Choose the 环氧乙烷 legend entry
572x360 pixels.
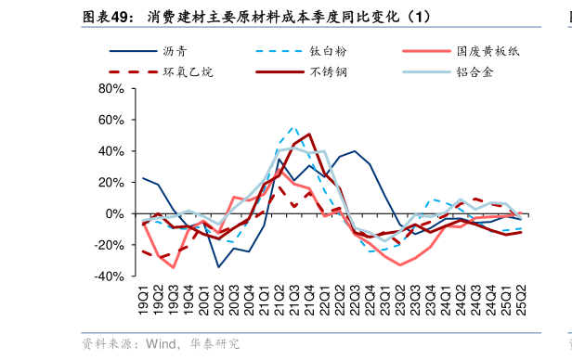tap(188, 71)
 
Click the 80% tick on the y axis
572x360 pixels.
tap(110, 89)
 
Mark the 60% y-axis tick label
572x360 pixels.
tap(110, 121)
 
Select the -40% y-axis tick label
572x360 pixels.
tap(109, 276)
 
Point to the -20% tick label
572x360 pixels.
tap(109, 245)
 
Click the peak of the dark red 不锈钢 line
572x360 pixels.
tap(309, 134)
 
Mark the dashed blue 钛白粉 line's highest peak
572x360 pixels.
tap(293, 128)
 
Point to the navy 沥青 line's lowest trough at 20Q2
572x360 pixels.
tap(218, 267)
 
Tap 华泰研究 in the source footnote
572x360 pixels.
tap(215, 344)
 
